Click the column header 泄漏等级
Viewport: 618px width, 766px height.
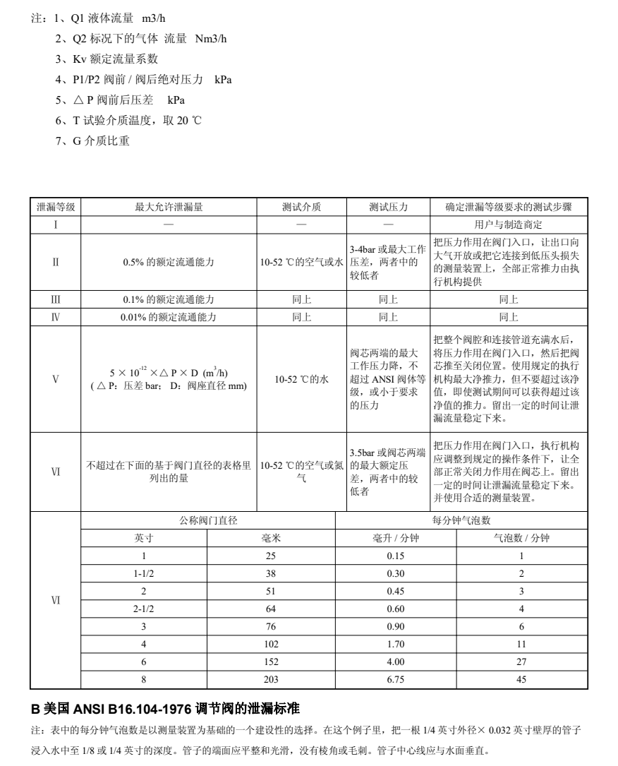point(56,208)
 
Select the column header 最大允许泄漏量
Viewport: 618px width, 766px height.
point(169,208)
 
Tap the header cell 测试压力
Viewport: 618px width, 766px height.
point(388,208)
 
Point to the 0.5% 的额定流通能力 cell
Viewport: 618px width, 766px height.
point(169,262)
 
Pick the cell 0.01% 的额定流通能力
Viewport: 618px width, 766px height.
point(169,317)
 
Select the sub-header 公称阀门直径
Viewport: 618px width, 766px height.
point(208,521)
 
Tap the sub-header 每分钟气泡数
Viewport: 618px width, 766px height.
point(461,521)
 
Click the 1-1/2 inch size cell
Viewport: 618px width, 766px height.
point(144,573)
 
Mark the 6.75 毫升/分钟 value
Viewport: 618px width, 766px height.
point(396,679)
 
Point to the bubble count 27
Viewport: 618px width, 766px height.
point(522,662)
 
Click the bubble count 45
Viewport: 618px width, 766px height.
point(522,679)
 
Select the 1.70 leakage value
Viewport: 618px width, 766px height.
point(396,644)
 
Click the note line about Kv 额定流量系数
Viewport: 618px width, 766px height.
point(107,59)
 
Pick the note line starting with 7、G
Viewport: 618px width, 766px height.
point(92,141)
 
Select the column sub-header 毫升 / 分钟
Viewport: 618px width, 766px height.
point(396,538)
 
